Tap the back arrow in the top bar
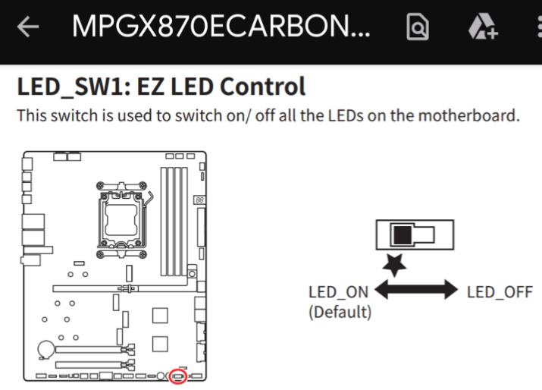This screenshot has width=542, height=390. tap(28, 27)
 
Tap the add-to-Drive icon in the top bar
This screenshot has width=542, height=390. tap(482, 28)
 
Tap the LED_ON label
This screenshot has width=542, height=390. tap(338, 292)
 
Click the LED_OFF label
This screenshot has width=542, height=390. tap(500, 292)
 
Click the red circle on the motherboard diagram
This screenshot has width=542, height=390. tap(179, 375)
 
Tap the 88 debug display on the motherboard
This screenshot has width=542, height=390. tap(199, 201)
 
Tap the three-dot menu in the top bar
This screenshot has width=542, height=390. tap(537, 28)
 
